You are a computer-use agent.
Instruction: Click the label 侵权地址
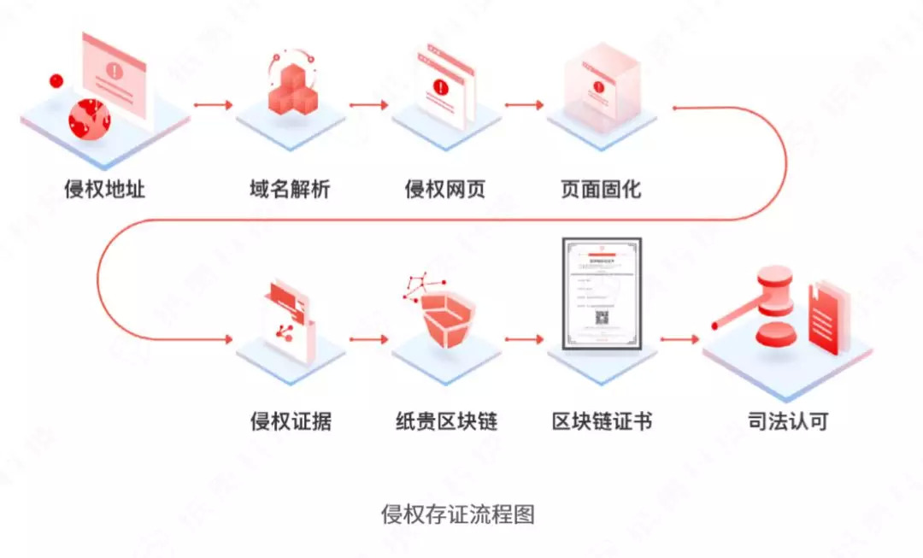tap(105, 189)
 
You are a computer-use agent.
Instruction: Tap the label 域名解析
tap(285, 189)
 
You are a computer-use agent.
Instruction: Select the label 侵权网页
tap(445, 189)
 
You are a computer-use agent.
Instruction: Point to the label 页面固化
tap(600, 189)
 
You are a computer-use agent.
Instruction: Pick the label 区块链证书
tap(602, 420)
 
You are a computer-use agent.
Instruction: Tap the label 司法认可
tap(787, 420)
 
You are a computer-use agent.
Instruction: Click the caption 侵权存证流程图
tap(458, 514)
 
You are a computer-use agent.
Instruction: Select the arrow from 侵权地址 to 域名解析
tap(213, 105)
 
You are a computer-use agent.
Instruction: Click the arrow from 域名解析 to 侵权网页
tap(368, 105)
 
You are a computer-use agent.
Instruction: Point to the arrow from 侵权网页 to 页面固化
tap(524, 105)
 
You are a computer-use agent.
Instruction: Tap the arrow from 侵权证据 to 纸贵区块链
tap(368, 338)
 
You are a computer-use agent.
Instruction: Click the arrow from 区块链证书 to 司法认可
tap(679, 338)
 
